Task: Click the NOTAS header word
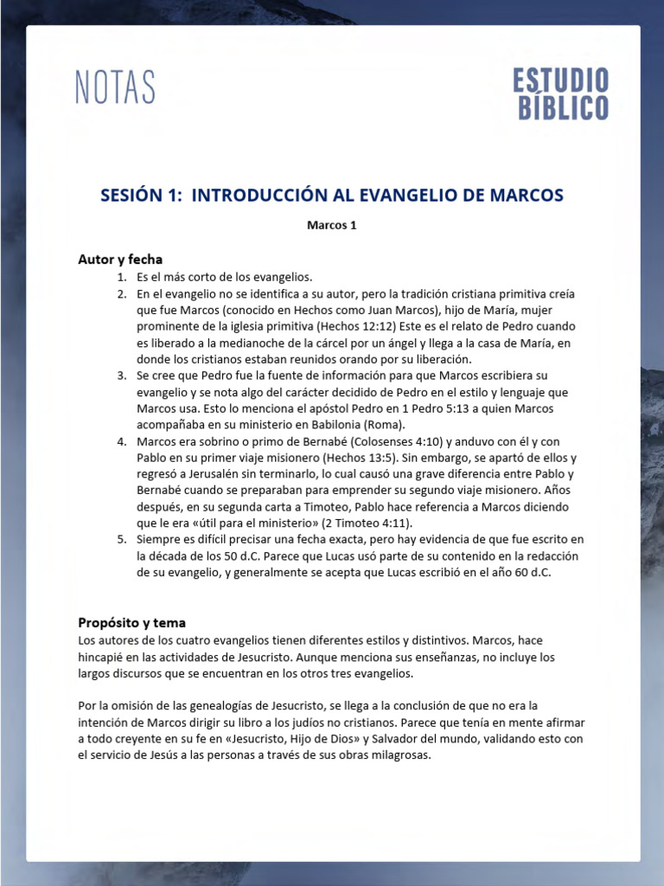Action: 116,88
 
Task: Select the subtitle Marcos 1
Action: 332,226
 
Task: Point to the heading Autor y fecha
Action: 120,260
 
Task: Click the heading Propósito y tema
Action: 131,622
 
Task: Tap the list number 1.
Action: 122,277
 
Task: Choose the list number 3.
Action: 122,376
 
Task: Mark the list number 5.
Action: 122,540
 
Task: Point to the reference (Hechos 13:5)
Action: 363,458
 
